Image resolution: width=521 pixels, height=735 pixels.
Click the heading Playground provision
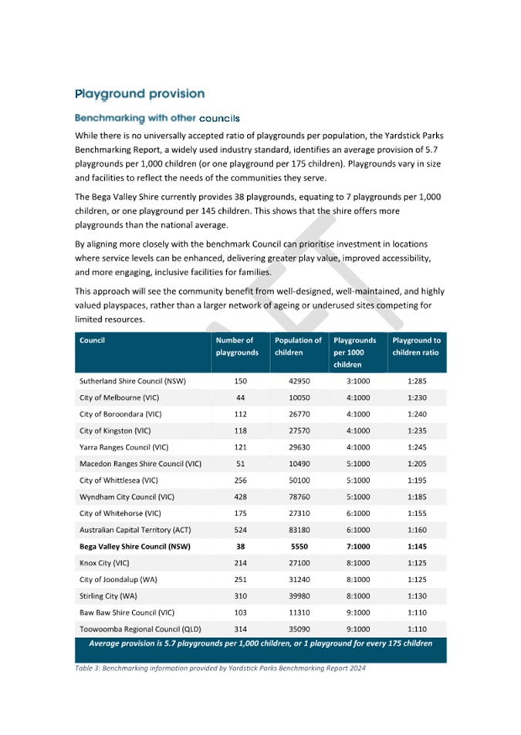point(140,94)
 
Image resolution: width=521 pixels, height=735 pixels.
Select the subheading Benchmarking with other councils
point(157,119)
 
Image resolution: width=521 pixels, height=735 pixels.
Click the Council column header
point(93,340)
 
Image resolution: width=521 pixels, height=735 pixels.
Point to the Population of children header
point(298,346)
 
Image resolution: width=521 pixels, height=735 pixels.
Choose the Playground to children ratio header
point(416,346)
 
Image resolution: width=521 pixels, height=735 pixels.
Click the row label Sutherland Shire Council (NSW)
point(133,381)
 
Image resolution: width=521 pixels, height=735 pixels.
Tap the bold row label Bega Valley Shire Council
point(135,546)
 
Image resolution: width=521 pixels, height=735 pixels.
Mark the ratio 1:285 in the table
point(417,381)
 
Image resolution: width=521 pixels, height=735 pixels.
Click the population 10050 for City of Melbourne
point(298,397)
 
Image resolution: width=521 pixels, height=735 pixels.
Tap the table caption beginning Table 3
point(220,668)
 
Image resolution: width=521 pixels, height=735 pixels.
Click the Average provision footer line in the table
point(260,643)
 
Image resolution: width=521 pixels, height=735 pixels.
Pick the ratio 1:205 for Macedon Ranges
point(417,464)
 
